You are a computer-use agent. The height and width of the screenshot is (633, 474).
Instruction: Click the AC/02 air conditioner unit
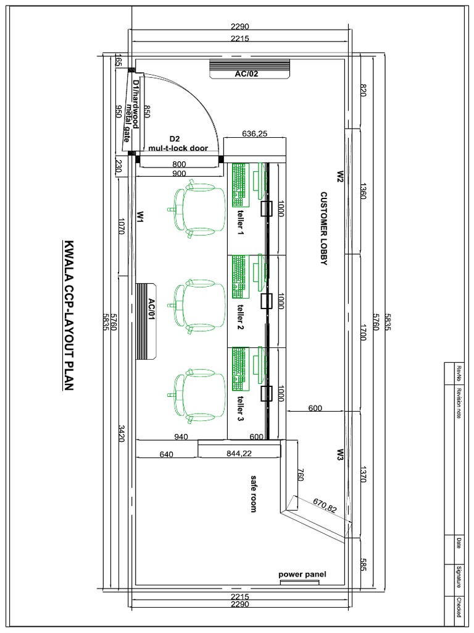click(249, 69)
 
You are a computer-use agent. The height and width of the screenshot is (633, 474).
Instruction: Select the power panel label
click(302, 574)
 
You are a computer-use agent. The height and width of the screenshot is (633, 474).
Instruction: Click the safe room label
click(252, 493)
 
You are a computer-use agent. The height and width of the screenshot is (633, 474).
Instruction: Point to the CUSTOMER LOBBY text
click(322, 228)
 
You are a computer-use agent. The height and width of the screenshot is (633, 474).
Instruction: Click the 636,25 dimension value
click(255, 133)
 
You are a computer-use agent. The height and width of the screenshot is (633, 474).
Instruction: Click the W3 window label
click(339, 455)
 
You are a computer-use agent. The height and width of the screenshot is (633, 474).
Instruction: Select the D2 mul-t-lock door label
click(178, 143)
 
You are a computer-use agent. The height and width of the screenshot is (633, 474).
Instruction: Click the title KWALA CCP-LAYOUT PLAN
click(69, 315)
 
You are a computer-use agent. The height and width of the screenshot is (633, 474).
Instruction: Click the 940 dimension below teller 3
click(181, 436)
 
